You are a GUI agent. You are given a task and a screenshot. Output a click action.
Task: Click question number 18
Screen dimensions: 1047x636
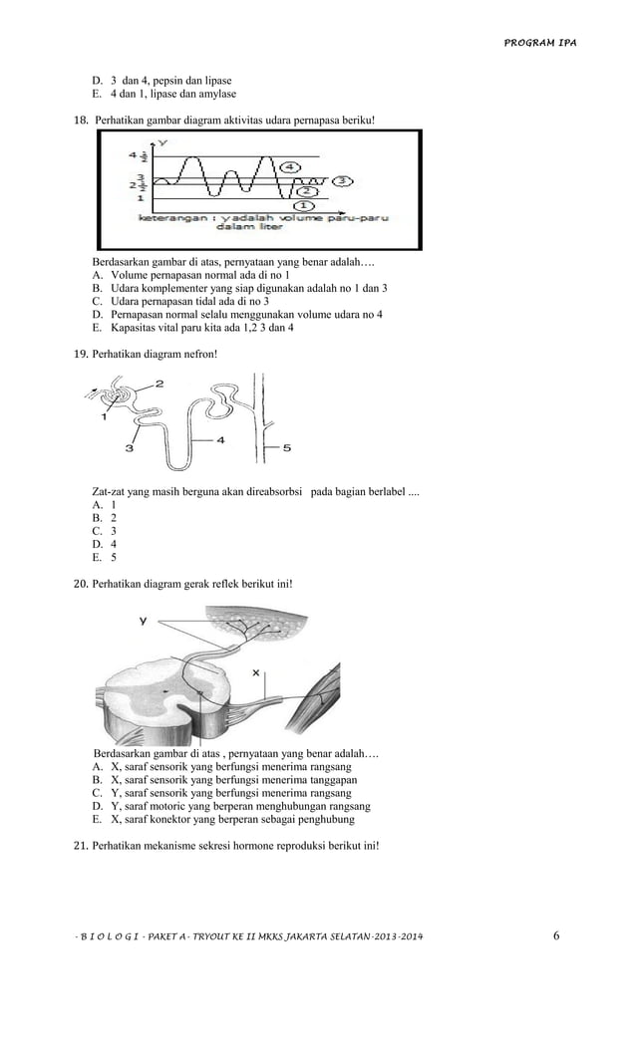click(x=82, y=120)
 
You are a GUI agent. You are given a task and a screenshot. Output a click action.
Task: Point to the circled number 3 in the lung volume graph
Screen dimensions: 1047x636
click(x=342, y=180)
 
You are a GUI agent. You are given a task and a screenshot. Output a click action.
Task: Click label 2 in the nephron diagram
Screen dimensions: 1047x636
click(x=159, y=383)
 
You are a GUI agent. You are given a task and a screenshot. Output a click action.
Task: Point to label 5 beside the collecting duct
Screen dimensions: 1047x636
click(x=287, y=448)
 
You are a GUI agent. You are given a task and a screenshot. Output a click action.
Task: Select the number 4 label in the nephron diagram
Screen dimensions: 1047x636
click(x=220, y=438)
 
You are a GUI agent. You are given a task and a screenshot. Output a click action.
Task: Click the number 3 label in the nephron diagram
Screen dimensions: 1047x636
click(x=130, y=448)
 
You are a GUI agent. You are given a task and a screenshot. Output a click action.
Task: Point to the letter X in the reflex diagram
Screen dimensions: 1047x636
click(x=255, y=673)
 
